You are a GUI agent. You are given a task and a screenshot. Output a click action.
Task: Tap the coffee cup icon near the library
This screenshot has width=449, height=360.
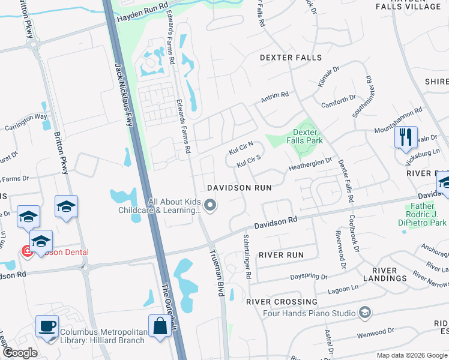(47, 326)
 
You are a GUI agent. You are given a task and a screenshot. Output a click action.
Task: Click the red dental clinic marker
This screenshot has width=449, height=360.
(27, 252)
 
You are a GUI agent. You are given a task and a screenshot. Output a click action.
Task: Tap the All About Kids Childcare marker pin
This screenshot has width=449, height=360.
(210, 206)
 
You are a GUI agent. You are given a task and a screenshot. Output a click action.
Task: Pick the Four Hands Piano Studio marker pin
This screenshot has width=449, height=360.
(364, 312)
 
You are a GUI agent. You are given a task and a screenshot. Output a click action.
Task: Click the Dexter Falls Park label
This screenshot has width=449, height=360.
(308, 136)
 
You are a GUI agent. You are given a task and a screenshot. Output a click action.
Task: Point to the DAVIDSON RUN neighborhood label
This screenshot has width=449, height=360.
(239, 188)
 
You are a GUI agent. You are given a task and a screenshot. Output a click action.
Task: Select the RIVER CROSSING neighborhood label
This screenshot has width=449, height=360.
(282, 302)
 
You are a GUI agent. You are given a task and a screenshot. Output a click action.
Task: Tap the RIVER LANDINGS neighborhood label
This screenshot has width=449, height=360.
(385, 274)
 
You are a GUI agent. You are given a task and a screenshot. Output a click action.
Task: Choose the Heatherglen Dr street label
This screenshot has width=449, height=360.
(310, 163)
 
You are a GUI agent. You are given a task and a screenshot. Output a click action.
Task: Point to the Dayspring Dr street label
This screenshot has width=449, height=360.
(309, 277)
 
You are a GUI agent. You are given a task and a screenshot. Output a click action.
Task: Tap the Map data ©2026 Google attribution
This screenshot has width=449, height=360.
(411, 355)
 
